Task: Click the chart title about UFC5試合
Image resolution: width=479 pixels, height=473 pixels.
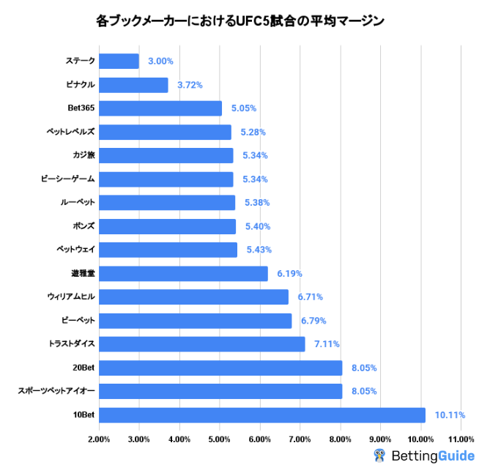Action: (239, 21)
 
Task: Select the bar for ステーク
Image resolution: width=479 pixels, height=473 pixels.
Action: (119, 62)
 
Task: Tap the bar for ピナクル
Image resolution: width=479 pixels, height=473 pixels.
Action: (133, 85)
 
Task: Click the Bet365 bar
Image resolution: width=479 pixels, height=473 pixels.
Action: (160, 108)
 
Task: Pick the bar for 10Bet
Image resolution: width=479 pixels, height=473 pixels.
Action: (261, 415)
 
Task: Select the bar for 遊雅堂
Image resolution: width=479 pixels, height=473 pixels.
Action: (183, 274)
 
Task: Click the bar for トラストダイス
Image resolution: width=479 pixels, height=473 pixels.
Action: (201, 344)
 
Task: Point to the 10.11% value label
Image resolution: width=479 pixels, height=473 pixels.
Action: (450, 415)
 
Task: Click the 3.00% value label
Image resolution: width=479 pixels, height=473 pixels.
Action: (160, 62)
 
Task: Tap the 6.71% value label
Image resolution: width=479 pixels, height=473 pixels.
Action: (310, 297)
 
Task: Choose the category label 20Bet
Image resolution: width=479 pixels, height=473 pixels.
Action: (82, 368)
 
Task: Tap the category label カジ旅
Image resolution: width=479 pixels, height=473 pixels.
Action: (83, 155)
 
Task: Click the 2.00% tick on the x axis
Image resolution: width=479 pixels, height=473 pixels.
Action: (99, 439)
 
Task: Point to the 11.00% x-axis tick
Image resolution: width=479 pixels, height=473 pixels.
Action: (461, 439)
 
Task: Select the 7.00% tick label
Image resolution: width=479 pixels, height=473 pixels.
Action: (300, 439)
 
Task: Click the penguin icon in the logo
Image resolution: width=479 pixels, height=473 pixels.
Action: (379, 456)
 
